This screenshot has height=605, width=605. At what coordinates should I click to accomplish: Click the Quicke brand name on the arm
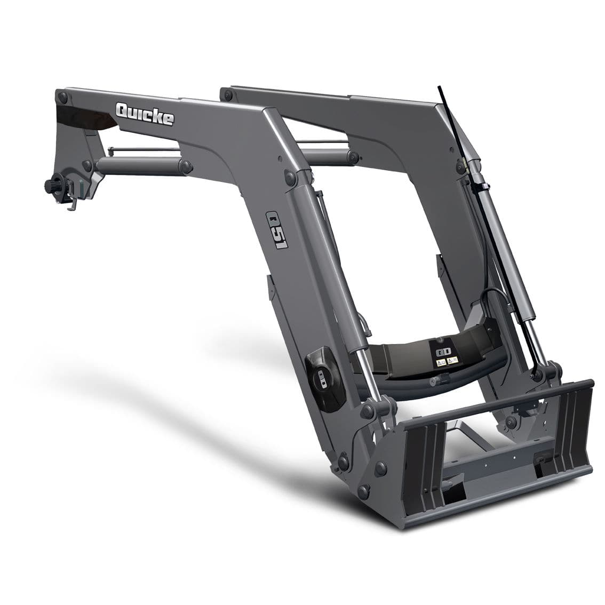pos(145,114)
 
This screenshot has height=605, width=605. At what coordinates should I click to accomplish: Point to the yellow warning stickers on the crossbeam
pos(446,362)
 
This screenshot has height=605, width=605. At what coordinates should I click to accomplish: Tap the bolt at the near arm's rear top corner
pos(63,97)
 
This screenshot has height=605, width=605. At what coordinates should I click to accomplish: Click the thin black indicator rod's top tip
pos(441,87)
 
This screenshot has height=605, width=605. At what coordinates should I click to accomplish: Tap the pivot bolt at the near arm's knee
pos(291,178)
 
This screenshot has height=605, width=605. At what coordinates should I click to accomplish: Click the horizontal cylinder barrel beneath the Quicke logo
pos(139,165)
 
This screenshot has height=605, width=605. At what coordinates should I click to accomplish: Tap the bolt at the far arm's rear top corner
pos(228,94)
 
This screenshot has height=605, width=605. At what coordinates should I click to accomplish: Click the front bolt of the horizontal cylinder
pos(186,166)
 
